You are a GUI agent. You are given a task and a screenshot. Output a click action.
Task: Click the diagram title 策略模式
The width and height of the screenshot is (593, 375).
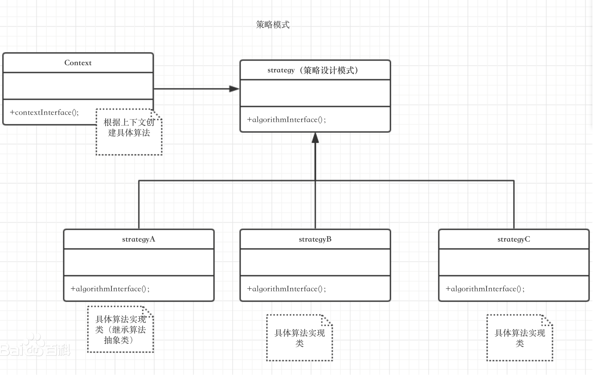(x=273, y=25)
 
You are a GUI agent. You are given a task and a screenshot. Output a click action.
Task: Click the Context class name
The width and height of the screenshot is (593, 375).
(x=78, y=63)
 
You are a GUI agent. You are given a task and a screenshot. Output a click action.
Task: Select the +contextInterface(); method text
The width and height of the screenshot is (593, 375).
(x=44, y=113)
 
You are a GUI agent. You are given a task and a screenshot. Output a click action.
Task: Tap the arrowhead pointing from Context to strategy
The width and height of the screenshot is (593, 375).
(x=234, y=89)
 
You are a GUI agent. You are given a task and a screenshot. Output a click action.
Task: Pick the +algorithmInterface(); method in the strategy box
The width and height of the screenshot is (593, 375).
(x=286, y=120)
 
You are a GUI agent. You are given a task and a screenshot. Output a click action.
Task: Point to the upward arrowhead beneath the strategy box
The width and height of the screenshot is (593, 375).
(x=315, y=138)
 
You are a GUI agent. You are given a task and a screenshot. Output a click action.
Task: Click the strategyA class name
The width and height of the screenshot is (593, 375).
(x=139, y=239)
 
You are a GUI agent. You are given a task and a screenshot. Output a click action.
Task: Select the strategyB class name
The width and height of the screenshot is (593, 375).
(x=315, y=239)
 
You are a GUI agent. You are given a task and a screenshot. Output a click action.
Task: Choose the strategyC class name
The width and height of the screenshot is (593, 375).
(x=514, y=239)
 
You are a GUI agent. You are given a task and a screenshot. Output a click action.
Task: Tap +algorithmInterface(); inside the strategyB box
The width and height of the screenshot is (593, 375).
(x=286, y=289)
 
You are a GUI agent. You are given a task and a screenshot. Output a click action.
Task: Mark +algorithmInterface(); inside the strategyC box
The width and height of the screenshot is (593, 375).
(x=485, y=289)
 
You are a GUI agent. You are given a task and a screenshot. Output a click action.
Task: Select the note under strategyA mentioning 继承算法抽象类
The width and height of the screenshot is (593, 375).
(x=121, y=330)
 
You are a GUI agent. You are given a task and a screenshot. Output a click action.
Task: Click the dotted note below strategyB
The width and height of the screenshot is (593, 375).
(x=300, y=338)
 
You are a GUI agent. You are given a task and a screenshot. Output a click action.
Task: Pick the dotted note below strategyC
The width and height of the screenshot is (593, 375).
(x=519, y=338)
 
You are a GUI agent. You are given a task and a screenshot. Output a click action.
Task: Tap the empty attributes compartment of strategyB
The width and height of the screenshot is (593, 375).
(x=315, y=262)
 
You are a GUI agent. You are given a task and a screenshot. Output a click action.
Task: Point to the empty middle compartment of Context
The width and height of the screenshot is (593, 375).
(x=78, y=86)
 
